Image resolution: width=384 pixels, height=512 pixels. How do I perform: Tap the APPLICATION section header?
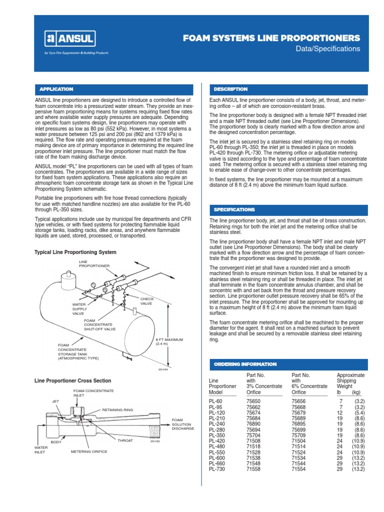click(56, 89)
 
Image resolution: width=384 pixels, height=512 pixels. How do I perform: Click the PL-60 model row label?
click(215, 401)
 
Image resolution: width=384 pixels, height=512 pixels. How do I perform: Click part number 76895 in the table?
click(298, 424)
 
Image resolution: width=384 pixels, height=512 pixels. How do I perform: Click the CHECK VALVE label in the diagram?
click(146, 301)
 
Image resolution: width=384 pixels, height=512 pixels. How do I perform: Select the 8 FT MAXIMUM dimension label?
click(169, 341)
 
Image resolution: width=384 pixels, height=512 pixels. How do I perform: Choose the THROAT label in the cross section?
click(125, 440)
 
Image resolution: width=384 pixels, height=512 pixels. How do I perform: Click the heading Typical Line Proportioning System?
click(75, 252)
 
